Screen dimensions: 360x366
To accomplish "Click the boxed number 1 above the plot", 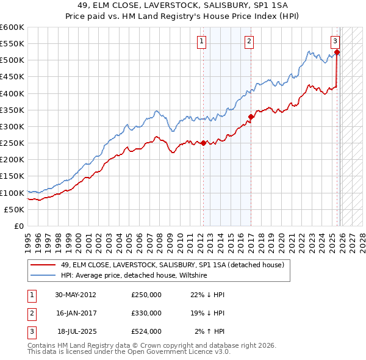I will (201, 41).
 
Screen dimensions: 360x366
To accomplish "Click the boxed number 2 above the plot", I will (249, 41).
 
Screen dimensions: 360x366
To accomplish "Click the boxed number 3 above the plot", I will (335, 41).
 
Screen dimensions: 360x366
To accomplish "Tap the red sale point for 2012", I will (203, 143).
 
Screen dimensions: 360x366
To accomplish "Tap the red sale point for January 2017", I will (251, 117).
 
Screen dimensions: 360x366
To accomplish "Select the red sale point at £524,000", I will (337, 52).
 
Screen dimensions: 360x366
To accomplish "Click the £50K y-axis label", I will (15, 209).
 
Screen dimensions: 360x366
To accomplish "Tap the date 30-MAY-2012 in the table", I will (75, 295).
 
